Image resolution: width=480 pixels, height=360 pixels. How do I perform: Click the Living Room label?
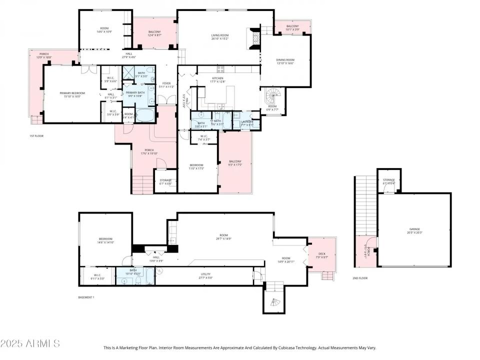[x=220, y=35]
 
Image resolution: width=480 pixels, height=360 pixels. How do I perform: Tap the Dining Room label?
[x=285, y=60]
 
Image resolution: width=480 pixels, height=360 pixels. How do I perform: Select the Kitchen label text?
[x=218, y=78]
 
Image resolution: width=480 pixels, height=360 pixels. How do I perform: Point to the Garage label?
[x=414, y=229]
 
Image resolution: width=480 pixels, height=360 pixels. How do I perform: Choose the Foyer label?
[x=166, y=84]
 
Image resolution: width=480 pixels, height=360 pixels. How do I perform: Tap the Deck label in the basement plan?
[x=321, y=253]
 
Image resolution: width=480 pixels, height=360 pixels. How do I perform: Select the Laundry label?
[x=247, y=121]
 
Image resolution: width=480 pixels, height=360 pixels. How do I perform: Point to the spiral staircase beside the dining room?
[x=273, y=94]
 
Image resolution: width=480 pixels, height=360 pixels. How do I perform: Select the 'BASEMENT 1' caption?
[x=86, y=297]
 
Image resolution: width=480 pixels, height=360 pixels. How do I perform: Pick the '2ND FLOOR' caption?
[x=359, y=278]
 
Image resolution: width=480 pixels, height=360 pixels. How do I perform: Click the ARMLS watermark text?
[x=30, y=343]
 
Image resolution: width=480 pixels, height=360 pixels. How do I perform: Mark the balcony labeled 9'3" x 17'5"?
[x=235, y=163]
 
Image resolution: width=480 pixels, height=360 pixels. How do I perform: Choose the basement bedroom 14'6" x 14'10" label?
[x=105, y=240]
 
